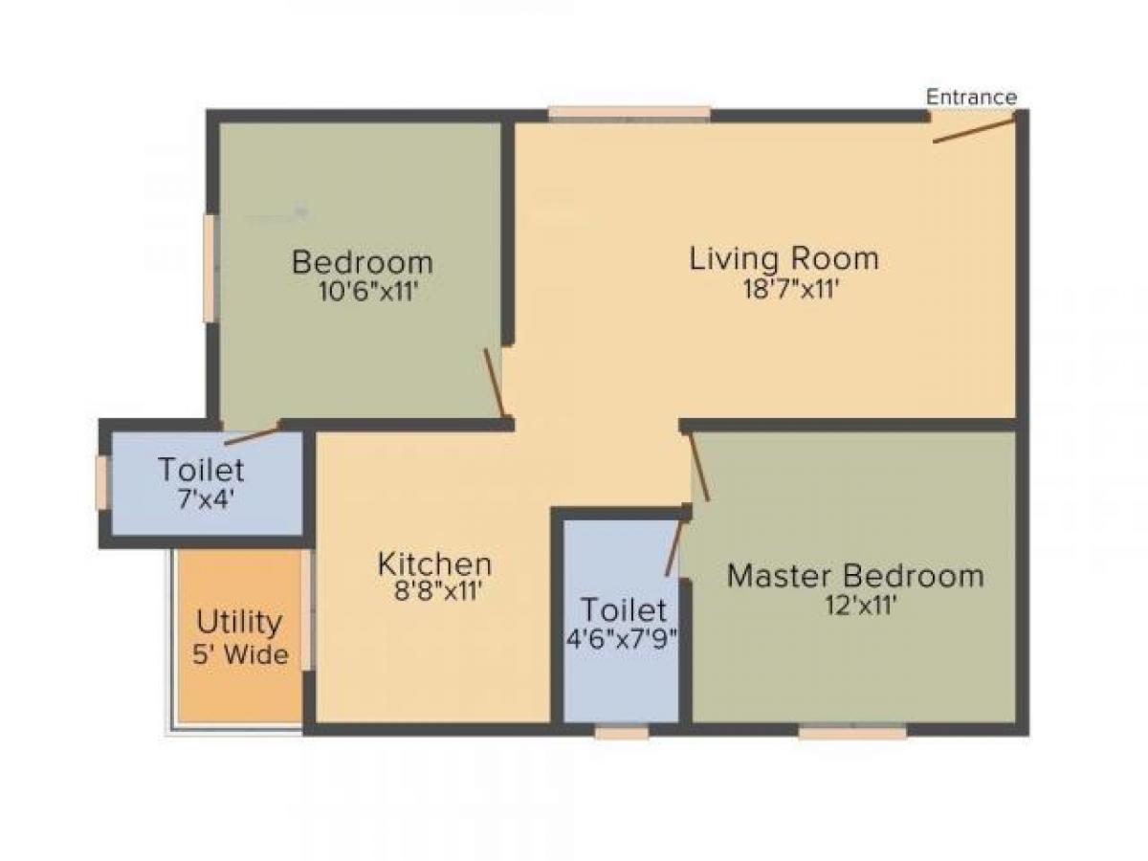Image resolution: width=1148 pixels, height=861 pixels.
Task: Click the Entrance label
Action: [971, 97]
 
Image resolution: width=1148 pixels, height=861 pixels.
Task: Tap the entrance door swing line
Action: [974, 131]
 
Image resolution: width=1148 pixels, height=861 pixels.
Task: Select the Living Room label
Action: [784, 258]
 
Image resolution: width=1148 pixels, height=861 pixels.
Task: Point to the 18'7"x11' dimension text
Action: [784, 288]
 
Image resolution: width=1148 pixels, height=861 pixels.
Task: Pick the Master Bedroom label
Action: [855, 576]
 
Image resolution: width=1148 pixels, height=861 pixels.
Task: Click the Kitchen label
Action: [434, 563]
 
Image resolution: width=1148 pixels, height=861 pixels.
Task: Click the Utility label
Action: [239, 623]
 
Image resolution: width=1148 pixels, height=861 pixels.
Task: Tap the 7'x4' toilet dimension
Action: [202, 499]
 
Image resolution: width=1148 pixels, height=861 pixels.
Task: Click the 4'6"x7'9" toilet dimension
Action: [623, 639]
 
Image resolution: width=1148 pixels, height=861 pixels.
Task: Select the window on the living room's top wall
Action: [629, 114]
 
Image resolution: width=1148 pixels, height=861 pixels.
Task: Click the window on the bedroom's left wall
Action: [209, 268]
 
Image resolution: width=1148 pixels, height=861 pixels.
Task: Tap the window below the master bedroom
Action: [852, 733]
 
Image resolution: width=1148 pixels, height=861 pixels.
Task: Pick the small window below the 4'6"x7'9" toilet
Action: [621, 733]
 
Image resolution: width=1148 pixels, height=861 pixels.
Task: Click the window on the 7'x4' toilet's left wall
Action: [100, 482]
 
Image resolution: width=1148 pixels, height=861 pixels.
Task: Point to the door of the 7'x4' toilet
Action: [252, 435]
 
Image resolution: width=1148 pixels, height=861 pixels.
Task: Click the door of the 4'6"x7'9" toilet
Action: [675, 544]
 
